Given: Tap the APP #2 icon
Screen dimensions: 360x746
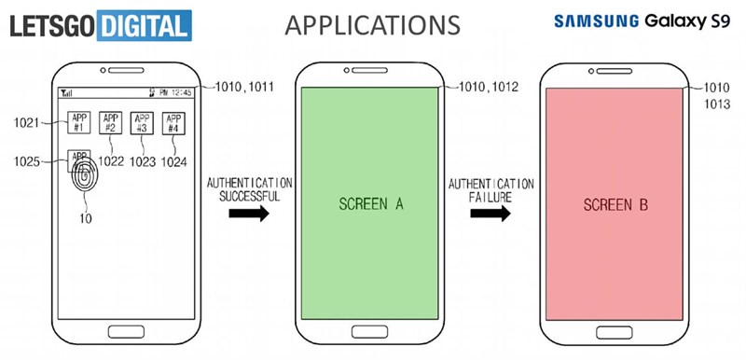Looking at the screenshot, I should pos(110,124).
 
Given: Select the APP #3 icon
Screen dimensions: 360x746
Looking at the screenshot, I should pos(142,124).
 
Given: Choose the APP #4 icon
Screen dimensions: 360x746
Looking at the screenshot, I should pos(173,124).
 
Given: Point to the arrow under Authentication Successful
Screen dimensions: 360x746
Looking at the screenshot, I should pos(248,214).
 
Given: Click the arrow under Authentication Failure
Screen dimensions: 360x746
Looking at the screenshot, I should pos(491,214).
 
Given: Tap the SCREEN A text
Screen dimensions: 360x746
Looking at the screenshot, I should pos(371,204).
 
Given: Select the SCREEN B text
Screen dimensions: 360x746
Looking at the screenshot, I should pos(616,204).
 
